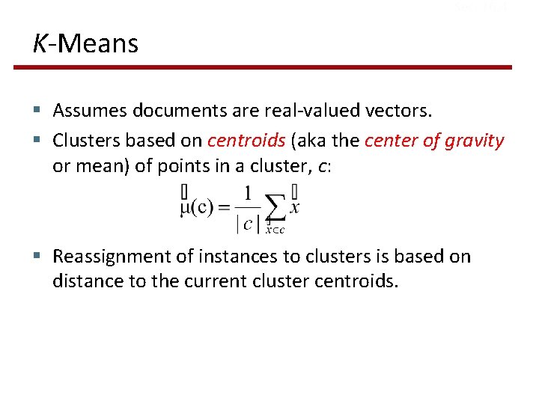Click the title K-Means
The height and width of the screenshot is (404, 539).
point(85,43)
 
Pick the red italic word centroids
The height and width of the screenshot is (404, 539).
point(246,140)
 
